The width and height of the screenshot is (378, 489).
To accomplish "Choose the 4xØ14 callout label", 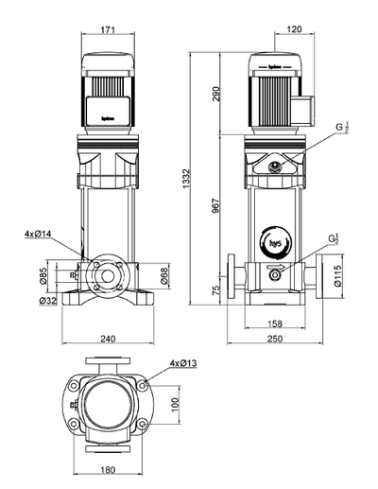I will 39,232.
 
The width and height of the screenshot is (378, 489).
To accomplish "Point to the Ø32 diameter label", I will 47,301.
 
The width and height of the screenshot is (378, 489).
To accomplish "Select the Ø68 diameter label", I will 163,275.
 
